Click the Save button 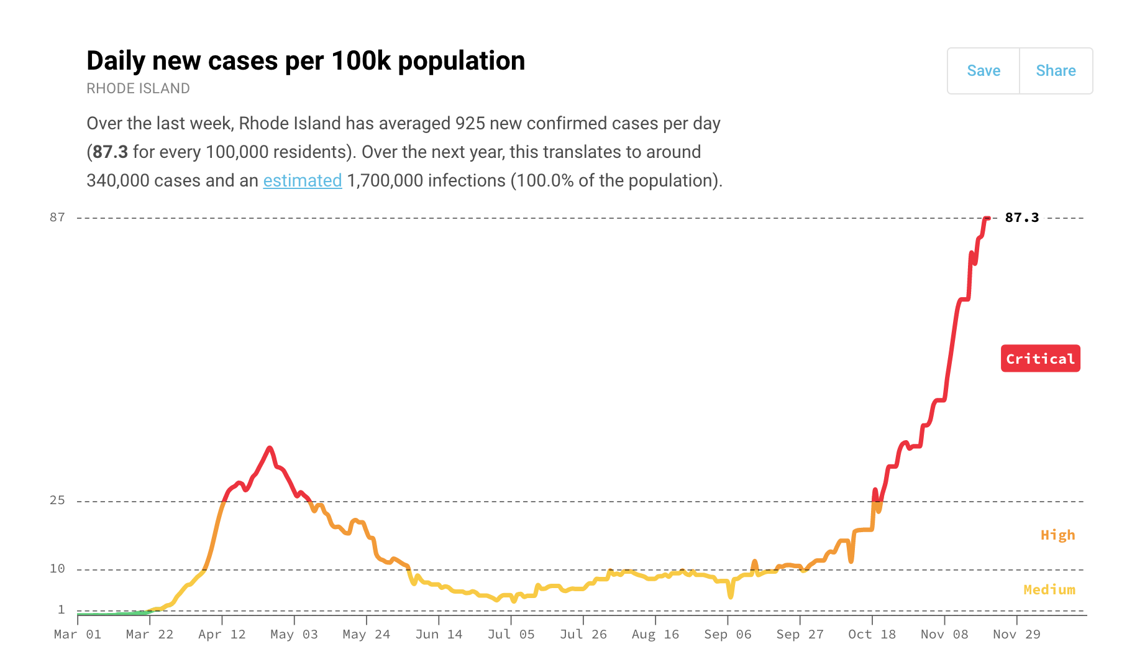(x=984, y=71)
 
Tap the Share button (x=1056, y=71)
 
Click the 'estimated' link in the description (x=303, y=181)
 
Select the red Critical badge (x=1040, y=359)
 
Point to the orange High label (x=1057, y=535)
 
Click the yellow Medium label (x=1049, y=589)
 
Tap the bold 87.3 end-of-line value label (x=1021, y=218)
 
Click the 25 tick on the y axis (x=57, y=500)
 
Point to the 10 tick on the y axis (x=57, y=569)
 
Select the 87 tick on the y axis (x=57, y=218)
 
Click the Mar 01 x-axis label (x=78, y=634)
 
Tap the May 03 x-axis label (x=294, y=634)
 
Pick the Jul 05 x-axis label (x=511, y=634)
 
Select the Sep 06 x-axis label (x=728, y=634)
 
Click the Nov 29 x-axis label (x=1016, y=634)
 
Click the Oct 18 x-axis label (x=872, y=634)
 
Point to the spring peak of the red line (x=269, y=448)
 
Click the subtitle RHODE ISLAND (x=138, y=88)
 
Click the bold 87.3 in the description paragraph (x=111, y=152)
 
